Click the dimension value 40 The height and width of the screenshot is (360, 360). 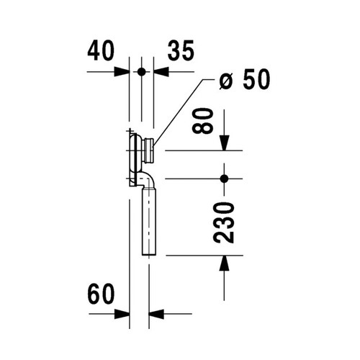click(x=102, y=51)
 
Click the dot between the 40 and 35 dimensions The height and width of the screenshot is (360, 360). click(x=142, y=72)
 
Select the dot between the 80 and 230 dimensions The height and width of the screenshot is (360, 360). click(x=225, y=178)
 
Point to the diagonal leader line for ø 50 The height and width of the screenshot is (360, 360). click(x=181, y=112)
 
